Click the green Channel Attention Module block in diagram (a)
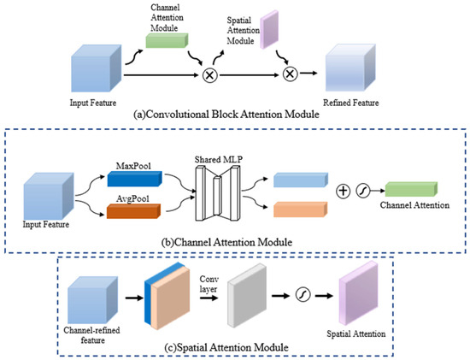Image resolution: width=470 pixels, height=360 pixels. [x=167, y=41]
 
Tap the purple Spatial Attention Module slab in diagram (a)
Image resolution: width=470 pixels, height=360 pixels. [x=269, y=29]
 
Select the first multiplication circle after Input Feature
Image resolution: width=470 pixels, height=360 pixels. [x=210, y=75]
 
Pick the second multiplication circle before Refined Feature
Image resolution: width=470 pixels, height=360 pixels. [x=291, y=74]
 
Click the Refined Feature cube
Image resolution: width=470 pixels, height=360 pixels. [x=350, y=68]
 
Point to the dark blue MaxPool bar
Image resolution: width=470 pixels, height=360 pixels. [x=134, y=179]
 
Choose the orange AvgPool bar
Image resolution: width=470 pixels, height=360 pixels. [x=133, y=211]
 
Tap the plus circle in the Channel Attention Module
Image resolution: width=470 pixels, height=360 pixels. [x=343, y=191]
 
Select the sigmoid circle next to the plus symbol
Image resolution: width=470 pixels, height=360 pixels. [x=363, y=191]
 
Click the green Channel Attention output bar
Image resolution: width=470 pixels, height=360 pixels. [x=411, y=189]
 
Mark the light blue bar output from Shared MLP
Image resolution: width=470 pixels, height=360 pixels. [x=301, y=180]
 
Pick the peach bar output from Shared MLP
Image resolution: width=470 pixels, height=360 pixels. [x=300, y=210]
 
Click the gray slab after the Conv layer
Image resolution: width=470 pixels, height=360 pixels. [x=247, y=296]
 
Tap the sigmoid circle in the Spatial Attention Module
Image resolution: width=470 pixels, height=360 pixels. [x=303, y=295]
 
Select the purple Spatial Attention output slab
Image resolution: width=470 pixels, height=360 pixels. [x=358, y=293]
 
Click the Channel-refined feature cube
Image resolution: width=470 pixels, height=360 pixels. [x=92, y=300]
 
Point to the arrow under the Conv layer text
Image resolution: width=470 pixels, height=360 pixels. [x=209, y=298]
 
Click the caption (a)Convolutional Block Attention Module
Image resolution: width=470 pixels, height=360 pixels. [x=226, y=115]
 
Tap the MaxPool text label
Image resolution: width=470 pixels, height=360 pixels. [x=133, y=166]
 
